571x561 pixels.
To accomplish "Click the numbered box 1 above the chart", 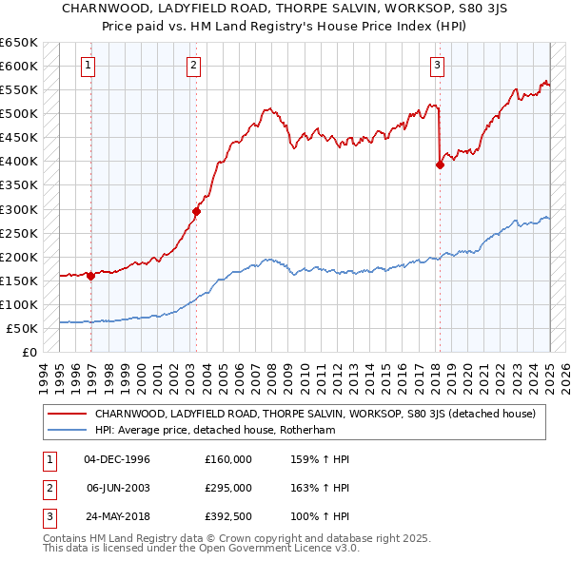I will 88,66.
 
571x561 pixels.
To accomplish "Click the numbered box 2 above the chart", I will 193,66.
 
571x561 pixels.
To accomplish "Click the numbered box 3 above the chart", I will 437,66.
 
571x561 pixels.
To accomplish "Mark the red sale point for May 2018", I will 440,164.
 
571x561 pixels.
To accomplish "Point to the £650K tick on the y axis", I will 19,43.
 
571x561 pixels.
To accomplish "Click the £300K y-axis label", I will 19,209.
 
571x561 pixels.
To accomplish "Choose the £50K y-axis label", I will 23,328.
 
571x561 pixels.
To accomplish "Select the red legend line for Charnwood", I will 68,414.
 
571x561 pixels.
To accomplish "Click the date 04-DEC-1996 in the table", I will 117,459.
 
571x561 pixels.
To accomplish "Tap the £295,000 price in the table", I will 228,488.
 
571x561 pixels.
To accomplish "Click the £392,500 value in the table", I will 228,516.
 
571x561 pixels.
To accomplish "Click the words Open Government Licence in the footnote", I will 256,550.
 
